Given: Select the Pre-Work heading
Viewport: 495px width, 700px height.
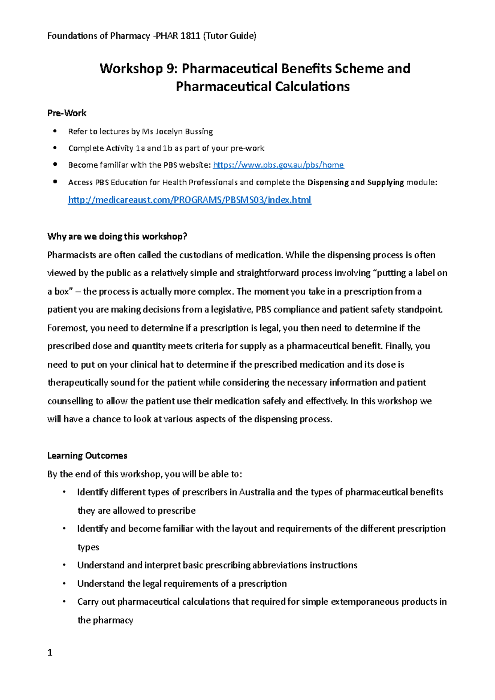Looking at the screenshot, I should coord(67,113).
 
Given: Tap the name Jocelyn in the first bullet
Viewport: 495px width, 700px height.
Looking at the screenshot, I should coord(169,132).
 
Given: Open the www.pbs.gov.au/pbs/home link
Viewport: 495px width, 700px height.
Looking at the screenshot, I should coord(278,165).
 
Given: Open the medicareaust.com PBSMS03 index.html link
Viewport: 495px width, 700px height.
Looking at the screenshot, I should coord(189,200).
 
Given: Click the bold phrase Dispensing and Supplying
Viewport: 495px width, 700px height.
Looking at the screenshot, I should coord(356,182).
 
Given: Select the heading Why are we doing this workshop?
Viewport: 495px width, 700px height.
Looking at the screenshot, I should coord(117,236).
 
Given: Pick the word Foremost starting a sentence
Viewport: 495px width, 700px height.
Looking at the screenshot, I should coord(67,328).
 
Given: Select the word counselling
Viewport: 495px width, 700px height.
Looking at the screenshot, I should coord(70,401).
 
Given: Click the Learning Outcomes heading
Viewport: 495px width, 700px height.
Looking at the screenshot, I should coord(87,456).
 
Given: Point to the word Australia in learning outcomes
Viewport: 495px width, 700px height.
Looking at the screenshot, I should coord(257,492).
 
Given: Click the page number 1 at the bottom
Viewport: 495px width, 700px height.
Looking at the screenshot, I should coord(50,653).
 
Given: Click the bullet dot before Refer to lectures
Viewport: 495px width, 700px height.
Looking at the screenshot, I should coord(54,131).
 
